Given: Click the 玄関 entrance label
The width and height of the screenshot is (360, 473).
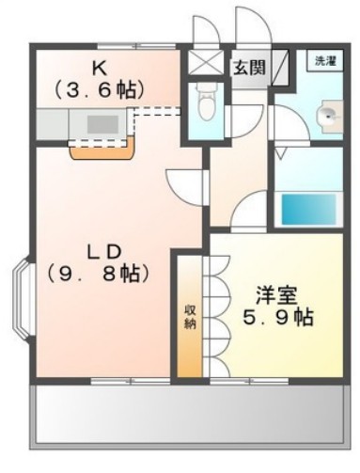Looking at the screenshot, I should tap(248, 68).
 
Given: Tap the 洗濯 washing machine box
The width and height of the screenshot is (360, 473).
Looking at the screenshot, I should tap(324, 61).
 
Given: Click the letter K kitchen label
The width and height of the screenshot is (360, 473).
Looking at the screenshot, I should tap(99, 68).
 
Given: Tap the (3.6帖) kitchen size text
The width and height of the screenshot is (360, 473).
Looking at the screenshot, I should tap(99, 90).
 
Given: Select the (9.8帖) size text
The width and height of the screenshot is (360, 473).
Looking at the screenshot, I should tap(97, 275).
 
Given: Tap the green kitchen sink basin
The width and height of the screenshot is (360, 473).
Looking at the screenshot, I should tap(102, 123).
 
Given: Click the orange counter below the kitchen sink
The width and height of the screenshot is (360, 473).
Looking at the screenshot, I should tap(103, 149).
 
